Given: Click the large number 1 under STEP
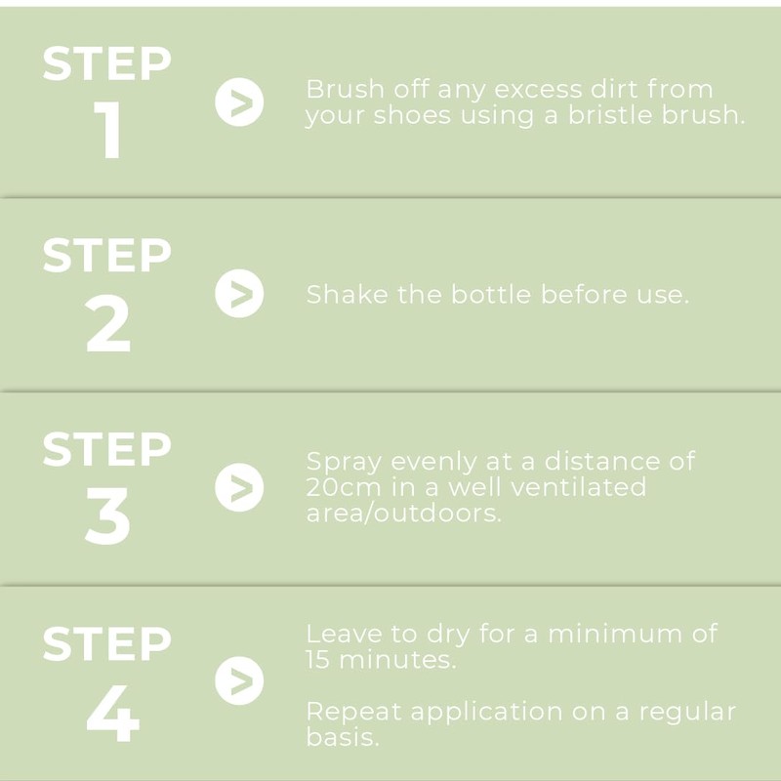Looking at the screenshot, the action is tap(108, 130).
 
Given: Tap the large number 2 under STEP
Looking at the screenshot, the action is tap(108, 323).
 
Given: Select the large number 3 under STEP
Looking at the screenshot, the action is tap(107, 516).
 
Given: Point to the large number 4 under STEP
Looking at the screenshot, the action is tap(112, 713).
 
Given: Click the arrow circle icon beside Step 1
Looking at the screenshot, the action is tap(239, 103).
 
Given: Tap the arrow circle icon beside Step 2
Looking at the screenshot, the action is tap(239, 294).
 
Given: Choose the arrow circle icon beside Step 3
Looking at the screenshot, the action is tap(239, 487).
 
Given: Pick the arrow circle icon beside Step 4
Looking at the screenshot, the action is tap(239, 680).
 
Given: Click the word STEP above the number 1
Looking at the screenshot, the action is tap(107, 63).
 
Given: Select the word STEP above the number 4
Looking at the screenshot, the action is tap(107, 643).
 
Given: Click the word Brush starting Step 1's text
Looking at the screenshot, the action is tap(346, 90).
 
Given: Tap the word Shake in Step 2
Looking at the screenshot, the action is tap(348, 294).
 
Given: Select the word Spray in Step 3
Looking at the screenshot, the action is tap(344, 463).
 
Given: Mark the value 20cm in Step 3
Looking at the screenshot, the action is tap(344, 487).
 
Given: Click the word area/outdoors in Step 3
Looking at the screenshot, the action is tap(404, 514).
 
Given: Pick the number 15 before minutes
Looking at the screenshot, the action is tap(318, 660).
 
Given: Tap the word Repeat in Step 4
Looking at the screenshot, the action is tap(353, 713).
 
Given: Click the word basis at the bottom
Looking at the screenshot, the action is tap(343, 737).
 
